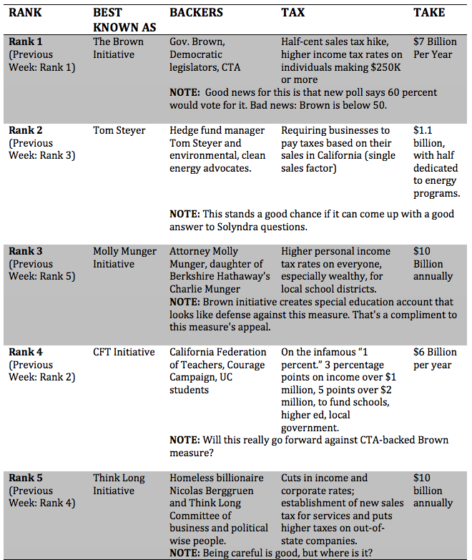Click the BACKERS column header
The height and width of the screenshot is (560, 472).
[x=196, y=12]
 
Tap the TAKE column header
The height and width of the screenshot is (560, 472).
[x=429, y=12]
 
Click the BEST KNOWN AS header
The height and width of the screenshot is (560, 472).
[x=119, y=19]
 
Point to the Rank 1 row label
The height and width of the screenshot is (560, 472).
[x=26, y=41]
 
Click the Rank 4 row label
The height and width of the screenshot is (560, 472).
[x=26, y=352]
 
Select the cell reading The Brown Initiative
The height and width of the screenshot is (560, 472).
[x=118, y=47]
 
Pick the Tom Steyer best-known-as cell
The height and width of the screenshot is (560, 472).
[x=119, y=130]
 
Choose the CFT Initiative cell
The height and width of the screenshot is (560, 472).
[x=123, y=352]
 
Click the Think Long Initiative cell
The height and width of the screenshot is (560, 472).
[x=118, y=484]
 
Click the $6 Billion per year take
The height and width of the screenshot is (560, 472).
[x=435, y=358]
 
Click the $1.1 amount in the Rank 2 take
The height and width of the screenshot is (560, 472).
[x=423, y=130]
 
